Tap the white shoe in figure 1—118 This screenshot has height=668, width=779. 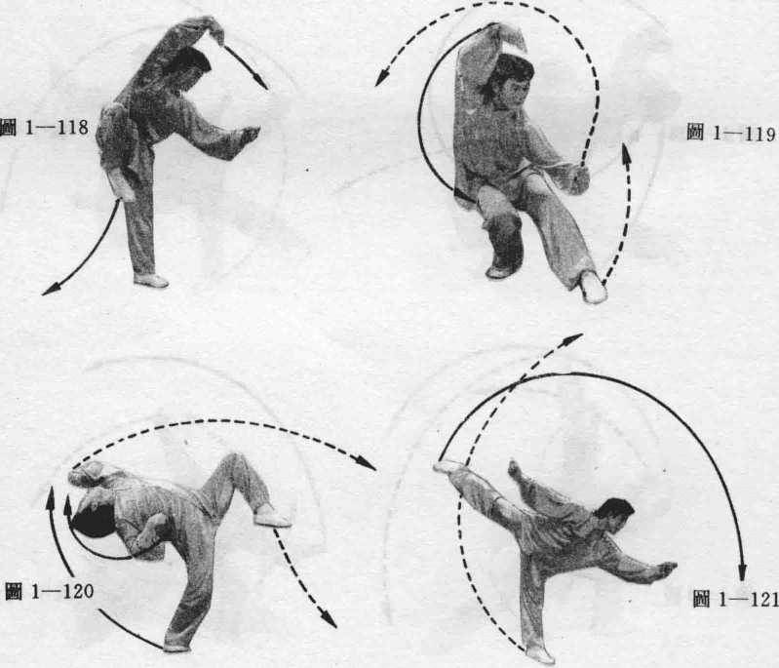151,280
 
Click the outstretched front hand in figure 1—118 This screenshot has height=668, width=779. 249,136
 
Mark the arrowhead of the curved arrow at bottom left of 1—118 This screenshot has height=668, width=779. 50,290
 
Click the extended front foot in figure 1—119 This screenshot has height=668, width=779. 593,287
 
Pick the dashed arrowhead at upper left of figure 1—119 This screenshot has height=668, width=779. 381,79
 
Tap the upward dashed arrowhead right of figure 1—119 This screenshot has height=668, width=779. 626,151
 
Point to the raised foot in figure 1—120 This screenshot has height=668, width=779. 271,517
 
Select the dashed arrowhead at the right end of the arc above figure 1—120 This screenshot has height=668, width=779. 367,464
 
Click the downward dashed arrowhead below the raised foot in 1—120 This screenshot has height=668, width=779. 328,620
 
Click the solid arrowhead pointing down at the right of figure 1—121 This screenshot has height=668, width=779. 742,571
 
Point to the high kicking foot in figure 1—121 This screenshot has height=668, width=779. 448,466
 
